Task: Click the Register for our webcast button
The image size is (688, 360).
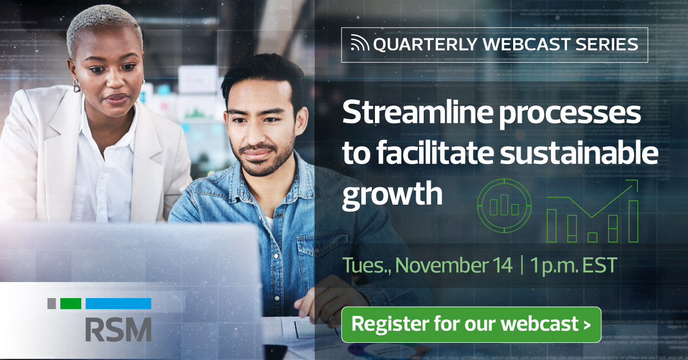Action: tap(471, 324)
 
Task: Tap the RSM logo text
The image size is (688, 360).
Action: tap(118, 329)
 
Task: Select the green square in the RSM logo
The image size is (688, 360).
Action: tap(71, 304)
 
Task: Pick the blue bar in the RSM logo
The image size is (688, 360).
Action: tap(118, 304)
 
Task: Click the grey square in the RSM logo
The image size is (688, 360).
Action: tap(52, 304)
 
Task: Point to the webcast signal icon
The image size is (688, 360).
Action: tap(361, 44)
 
